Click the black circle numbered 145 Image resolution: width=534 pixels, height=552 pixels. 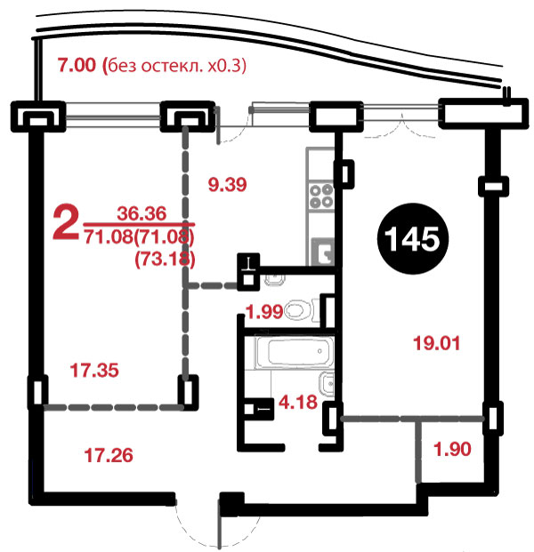[x=412, y=238]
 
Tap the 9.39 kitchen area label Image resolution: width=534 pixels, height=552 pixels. [x=227, y=185]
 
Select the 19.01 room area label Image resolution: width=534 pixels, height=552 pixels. [x=437, y=343]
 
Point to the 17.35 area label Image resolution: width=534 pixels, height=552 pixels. [x=94, y=371]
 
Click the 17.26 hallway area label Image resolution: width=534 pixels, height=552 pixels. [x=109, y=455]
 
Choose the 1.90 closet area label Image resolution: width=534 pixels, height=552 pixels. [x=452, y=449]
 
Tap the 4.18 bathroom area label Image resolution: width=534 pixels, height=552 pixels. [x=298, y=402]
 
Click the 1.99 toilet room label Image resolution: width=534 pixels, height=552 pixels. [x=264, y=312]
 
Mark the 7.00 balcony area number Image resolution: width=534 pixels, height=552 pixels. [x=77, y=65]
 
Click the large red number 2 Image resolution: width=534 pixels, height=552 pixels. [x=66, y=223]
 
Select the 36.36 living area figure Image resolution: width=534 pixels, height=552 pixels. [x=142, y=213]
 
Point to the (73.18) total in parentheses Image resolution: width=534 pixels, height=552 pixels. [x=165, y=260]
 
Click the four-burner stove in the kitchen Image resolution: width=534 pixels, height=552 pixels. [x=321, y=196]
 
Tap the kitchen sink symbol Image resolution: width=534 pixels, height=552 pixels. [x=322, y=251]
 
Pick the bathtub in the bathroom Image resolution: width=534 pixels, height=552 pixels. [x=294, y=352]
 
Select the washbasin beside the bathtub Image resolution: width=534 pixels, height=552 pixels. [x=327, y=384]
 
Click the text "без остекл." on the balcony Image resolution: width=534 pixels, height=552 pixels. [x=156, y=66]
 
